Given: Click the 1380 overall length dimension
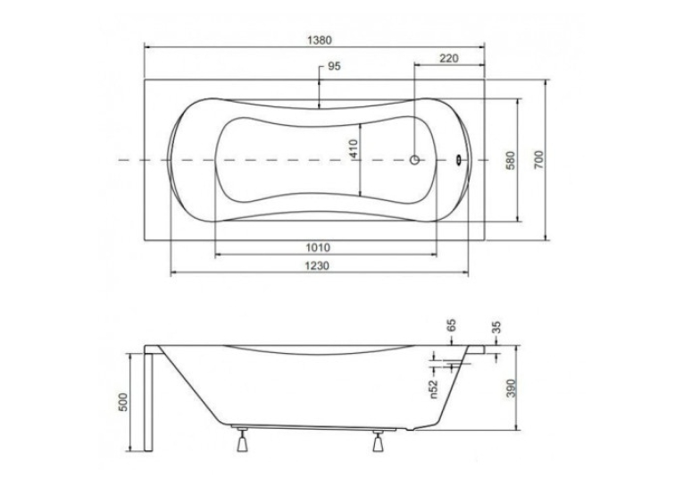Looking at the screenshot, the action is point(320,40).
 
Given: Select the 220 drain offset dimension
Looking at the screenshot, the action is point(449,58).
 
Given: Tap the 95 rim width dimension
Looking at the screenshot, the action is point(334,66).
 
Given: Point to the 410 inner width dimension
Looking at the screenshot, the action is point(353,148).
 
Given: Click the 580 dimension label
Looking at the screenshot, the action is point(511,160).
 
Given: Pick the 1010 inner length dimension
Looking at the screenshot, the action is point(318,248).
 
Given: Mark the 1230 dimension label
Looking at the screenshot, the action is point(317,265).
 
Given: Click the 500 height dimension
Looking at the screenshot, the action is point(123,402).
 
